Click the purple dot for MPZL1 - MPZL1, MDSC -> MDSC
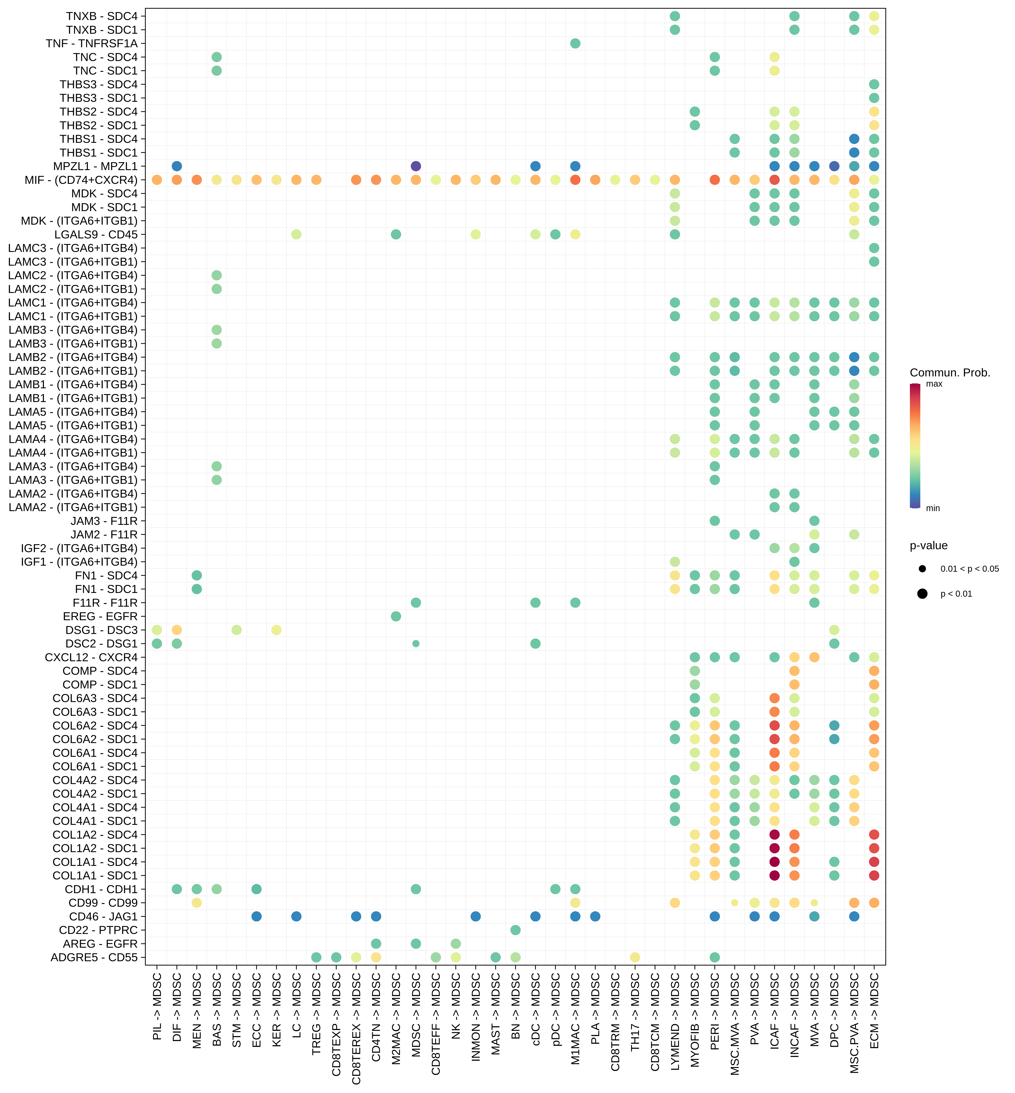[x=416, y=166]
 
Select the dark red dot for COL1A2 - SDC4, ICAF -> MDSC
[x=775, y=834]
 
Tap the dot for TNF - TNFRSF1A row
[x=575, y=43]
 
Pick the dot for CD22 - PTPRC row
[x=515, y=930]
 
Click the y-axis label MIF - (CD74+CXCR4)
[x=81, y=180]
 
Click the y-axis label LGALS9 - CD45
[x=96, y=235]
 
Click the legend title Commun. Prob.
[x=950, y=372]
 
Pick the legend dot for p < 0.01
[x=922, y=593]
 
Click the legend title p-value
[x=928, y=545]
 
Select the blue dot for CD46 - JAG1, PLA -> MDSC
[x=595, y=916]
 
